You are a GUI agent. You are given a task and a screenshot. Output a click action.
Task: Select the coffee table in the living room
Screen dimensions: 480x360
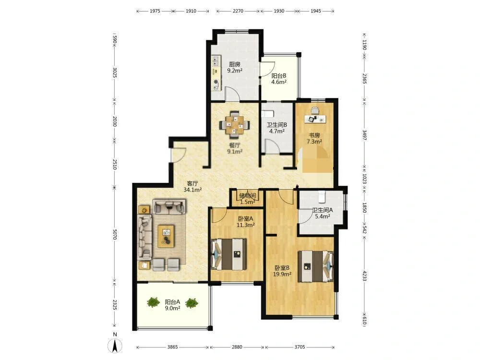point(166,236)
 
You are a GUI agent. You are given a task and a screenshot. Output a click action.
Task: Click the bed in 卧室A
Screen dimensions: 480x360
point(229,254)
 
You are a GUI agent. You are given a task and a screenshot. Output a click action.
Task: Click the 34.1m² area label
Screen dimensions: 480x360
point(192,190)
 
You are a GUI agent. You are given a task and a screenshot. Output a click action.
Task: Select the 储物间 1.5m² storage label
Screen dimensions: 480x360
point(247,199)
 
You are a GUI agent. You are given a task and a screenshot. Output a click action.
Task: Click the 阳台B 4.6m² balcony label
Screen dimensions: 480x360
point(279,79)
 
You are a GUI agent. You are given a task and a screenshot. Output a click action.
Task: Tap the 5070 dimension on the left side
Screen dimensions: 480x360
point(115,235)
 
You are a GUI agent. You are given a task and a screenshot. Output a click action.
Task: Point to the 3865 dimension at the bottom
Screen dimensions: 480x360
point(173,347)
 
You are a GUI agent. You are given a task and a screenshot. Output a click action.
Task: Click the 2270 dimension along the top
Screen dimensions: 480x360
point(238,11)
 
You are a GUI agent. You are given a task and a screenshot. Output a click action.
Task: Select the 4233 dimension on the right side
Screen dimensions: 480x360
point(364,276)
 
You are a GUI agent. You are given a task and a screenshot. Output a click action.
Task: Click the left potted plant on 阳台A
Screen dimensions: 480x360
point(153,303)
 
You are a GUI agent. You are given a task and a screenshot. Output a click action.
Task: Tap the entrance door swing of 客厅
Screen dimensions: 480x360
point(179,155)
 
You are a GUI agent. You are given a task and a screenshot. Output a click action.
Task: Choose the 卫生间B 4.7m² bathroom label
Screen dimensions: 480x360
point(277,128)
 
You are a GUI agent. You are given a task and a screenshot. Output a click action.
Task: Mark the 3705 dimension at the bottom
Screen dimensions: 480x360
point(300,347)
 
